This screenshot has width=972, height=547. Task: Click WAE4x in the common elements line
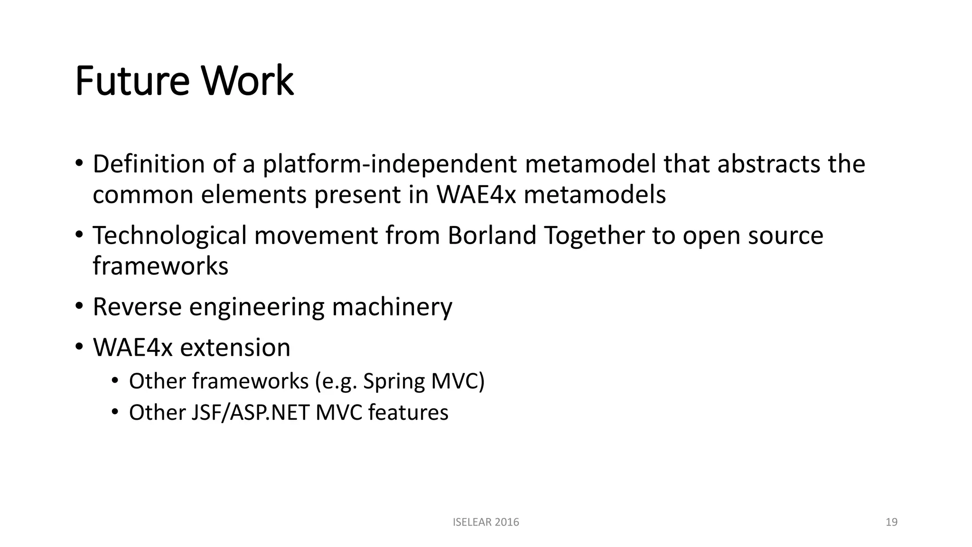click(476, 195)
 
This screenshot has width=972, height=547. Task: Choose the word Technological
click(169, 236)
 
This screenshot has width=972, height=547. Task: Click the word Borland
click(492, 236)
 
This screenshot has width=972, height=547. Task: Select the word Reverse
click(137, 307)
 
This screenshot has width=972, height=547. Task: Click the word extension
click(235, 348)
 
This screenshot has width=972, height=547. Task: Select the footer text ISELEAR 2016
click(486, 522)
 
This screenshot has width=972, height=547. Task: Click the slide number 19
click(891, 522)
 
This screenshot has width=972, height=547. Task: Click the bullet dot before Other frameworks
click(114, 381)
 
